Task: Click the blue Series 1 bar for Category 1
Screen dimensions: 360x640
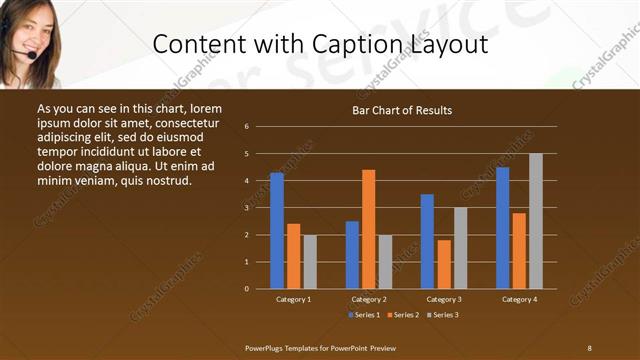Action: pos(277,231)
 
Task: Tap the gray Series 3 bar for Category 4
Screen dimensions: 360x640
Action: pos(536,221)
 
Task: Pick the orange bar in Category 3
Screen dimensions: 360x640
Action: pos(444,264)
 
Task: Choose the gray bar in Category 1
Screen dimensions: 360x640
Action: pos(310,262)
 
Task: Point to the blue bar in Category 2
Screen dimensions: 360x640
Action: pos(352,255)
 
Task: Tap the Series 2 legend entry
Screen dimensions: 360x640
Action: pos(403,314)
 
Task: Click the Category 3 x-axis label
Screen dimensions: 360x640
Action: pos(444,299)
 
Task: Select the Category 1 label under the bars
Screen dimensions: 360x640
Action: pos(293,299)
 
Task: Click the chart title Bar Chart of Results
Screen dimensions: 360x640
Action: pos(402,110)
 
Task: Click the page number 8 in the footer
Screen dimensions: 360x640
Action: pos(589,347)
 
